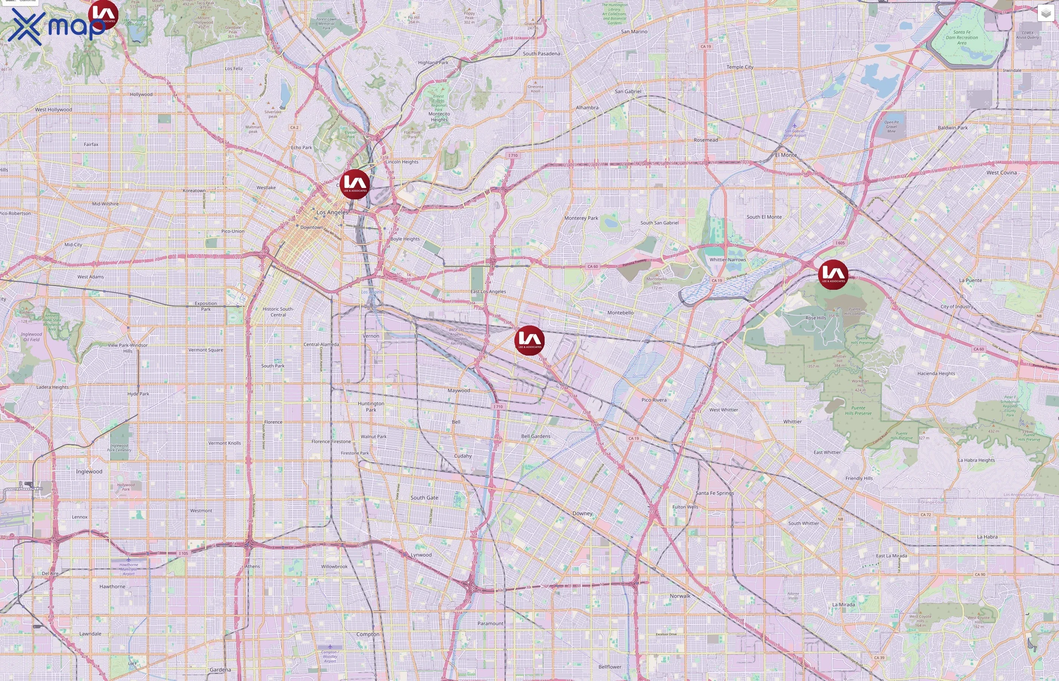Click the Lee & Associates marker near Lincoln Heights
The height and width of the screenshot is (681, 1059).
click(354, 184)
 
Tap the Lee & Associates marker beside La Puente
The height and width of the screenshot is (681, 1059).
click(833, 275)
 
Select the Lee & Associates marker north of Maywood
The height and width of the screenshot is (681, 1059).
click(529, 340)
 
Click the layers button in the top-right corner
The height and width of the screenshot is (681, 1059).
click(1046, 13)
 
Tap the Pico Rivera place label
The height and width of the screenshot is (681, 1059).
click(654, 400)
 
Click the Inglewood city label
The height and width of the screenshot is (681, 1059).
click(89, 471)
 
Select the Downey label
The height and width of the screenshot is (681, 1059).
click(582, 513)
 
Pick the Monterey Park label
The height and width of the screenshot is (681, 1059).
click(581, 218)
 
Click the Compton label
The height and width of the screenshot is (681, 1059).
click(368, 634)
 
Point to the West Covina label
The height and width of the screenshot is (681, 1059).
click(1002, 173)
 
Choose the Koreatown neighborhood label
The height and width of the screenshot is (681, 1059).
click(194, 191)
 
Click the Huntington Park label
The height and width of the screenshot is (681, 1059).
click(371, 406)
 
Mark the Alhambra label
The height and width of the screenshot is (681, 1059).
click(587, 107)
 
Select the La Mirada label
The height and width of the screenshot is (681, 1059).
click(843, 605)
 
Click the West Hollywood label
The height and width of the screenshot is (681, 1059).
click(53, 110)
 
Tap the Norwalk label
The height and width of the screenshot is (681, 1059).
click(680, 595)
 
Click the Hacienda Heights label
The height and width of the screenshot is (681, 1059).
click(936, 373)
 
